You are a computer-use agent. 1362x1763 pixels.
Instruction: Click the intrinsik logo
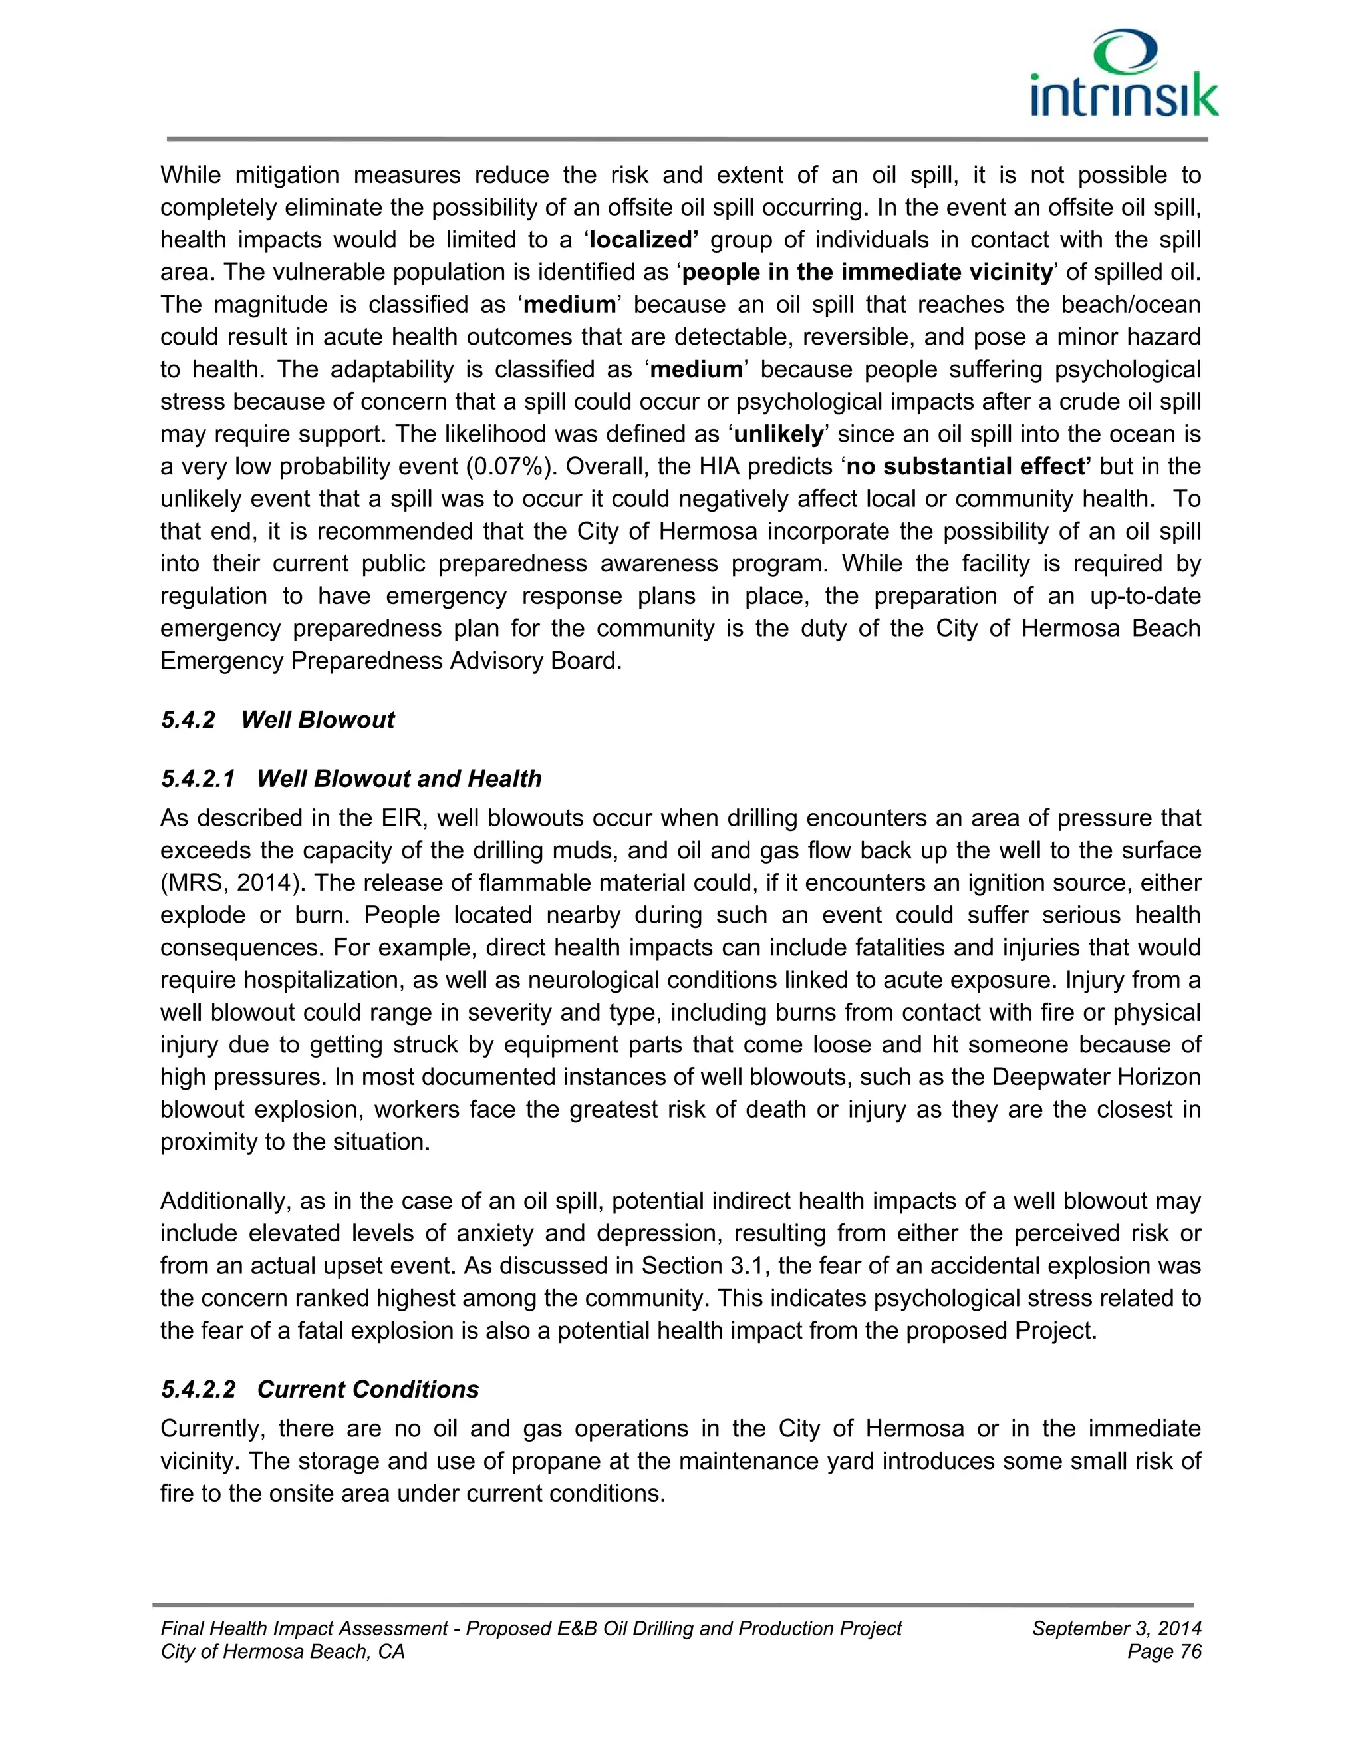click(x=1124, y=75)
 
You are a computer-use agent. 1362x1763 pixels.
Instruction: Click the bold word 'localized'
click(x=643, y=240)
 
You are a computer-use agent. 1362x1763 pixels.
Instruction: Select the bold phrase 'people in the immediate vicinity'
click(x=867, y=272)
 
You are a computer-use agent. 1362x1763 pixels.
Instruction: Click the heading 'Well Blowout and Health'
click(x=398, y=778)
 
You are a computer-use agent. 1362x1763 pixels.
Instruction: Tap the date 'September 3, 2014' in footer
click(x=1116, y=1628)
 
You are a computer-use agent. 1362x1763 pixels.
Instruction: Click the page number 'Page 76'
click(x=1164, y=1652)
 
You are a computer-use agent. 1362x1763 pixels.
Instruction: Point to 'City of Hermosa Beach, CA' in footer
click(x=283, y=1652)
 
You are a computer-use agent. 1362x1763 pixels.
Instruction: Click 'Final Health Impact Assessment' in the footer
click(x=304, y=1628)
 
